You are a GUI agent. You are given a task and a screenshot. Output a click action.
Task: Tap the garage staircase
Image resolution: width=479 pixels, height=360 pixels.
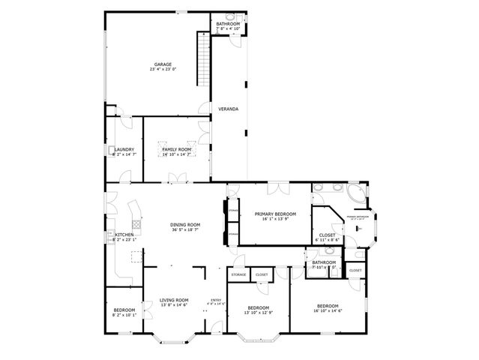point(202,60)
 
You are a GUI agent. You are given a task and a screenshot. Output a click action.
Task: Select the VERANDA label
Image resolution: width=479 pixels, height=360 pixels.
point(228,109)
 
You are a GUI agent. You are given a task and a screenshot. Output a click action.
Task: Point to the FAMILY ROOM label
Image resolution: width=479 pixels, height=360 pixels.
point(177,149)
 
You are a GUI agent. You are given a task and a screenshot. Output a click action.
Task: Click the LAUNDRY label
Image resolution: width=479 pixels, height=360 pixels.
point(124,149)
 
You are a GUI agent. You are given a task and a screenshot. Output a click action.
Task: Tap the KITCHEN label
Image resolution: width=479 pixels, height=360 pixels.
point(124,235)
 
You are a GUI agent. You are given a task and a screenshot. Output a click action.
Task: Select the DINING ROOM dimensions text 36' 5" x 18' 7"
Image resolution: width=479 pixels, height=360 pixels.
point(184,230)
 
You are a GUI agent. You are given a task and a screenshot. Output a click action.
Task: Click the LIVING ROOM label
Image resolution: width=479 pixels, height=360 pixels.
point(173,300)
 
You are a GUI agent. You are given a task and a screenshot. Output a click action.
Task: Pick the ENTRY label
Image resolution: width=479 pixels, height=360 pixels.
point(216,300)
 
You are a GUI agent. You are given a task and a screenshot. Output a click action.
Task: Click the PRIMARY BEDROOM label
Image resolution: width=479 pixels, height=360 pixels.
point(275,214)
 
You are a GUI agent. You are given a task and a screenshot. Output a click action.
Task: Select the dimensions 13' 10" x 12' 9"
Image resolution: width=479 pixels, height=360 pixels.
point(259,312)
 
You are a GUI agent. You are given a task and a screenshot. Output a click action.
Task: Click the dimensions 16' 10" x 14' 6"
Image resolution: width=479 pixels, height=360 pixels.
point(328,310)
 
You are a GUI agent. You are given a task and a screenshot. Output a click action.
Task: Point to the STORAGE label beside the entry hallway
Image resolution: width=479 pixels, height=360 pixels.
point(238,274)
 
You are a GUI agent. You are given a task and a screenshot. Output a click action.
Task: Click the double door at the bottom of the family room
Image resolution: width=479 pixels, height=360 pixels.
point(178,178)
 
